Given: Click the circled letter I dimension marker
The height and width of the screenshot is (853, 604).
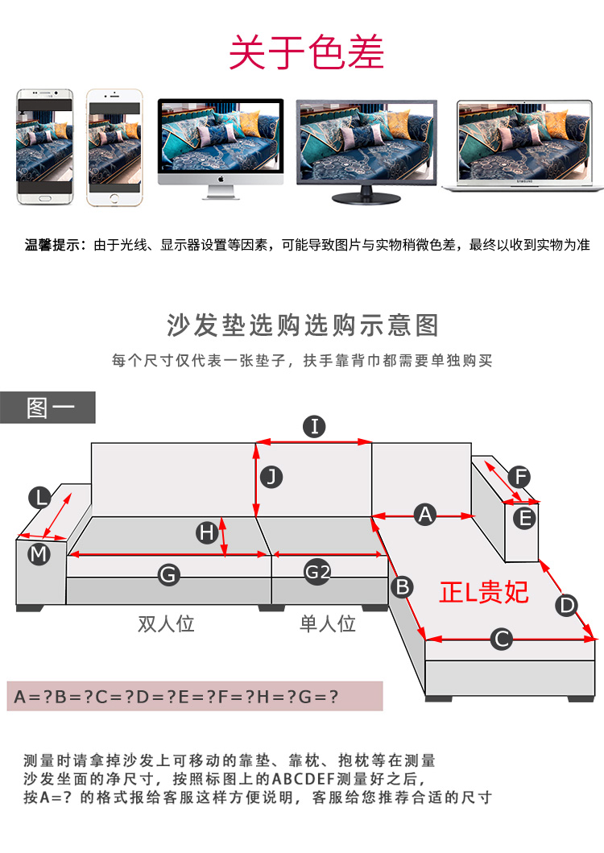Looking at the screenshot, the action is [315, 427].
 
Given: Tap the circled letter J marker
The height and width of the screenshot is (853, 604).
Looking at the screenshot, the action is [271, 477].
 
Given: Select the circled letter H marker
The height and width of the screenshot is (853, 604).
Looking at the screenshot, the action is [207, 532].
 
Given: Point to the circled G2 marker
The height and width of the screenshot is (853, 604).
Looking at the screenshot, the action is [317, 573].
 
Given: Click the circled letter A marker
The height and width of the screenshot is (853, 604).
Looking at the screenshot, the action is [425, 514].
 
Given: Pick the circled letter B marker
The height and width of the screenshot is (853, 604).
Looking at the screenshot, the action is [403, 587].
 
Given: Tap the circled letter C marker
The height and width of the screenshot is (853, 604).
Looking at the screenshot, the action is [502, 639].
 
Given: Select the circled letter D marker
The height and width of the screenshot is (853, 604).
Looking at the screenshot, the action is [567, 605].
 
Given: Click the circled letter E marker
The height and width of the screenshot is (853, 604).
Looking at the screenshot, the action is [525, 519].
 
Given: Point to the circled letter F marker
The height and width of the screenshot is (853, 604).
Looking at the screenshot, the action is [519, 477].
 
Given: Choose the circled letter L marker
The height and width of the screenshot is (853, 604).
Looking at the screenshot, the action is [40, 497].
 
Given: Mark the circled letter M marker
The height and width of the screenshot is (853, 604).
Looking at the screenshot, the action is [39, 554].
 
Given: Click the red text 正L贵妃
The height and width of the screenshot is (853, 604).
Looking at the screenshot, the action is [484, 592].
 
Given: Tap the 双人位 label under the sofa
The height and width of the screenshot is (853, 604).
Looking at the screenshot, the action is [166, 623].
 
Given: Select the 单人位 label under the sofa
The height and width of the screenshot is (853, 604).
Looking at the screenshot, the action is [328, 623].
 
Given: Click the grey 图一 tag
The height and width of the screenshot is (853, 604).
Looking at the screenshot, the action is [48, 408].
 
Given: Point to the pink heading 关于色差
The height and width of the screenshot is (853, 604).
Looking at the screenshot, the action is [306, 52].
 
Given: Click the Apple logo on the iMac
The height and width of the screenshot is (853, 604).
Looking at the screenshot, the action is [221, 179].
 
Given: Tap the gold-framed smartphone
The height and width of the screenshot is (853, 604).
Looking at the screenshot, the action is [114, 147].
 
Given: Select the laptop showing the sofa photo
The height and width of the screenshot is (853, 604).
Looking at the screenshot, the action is [523, 146].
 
